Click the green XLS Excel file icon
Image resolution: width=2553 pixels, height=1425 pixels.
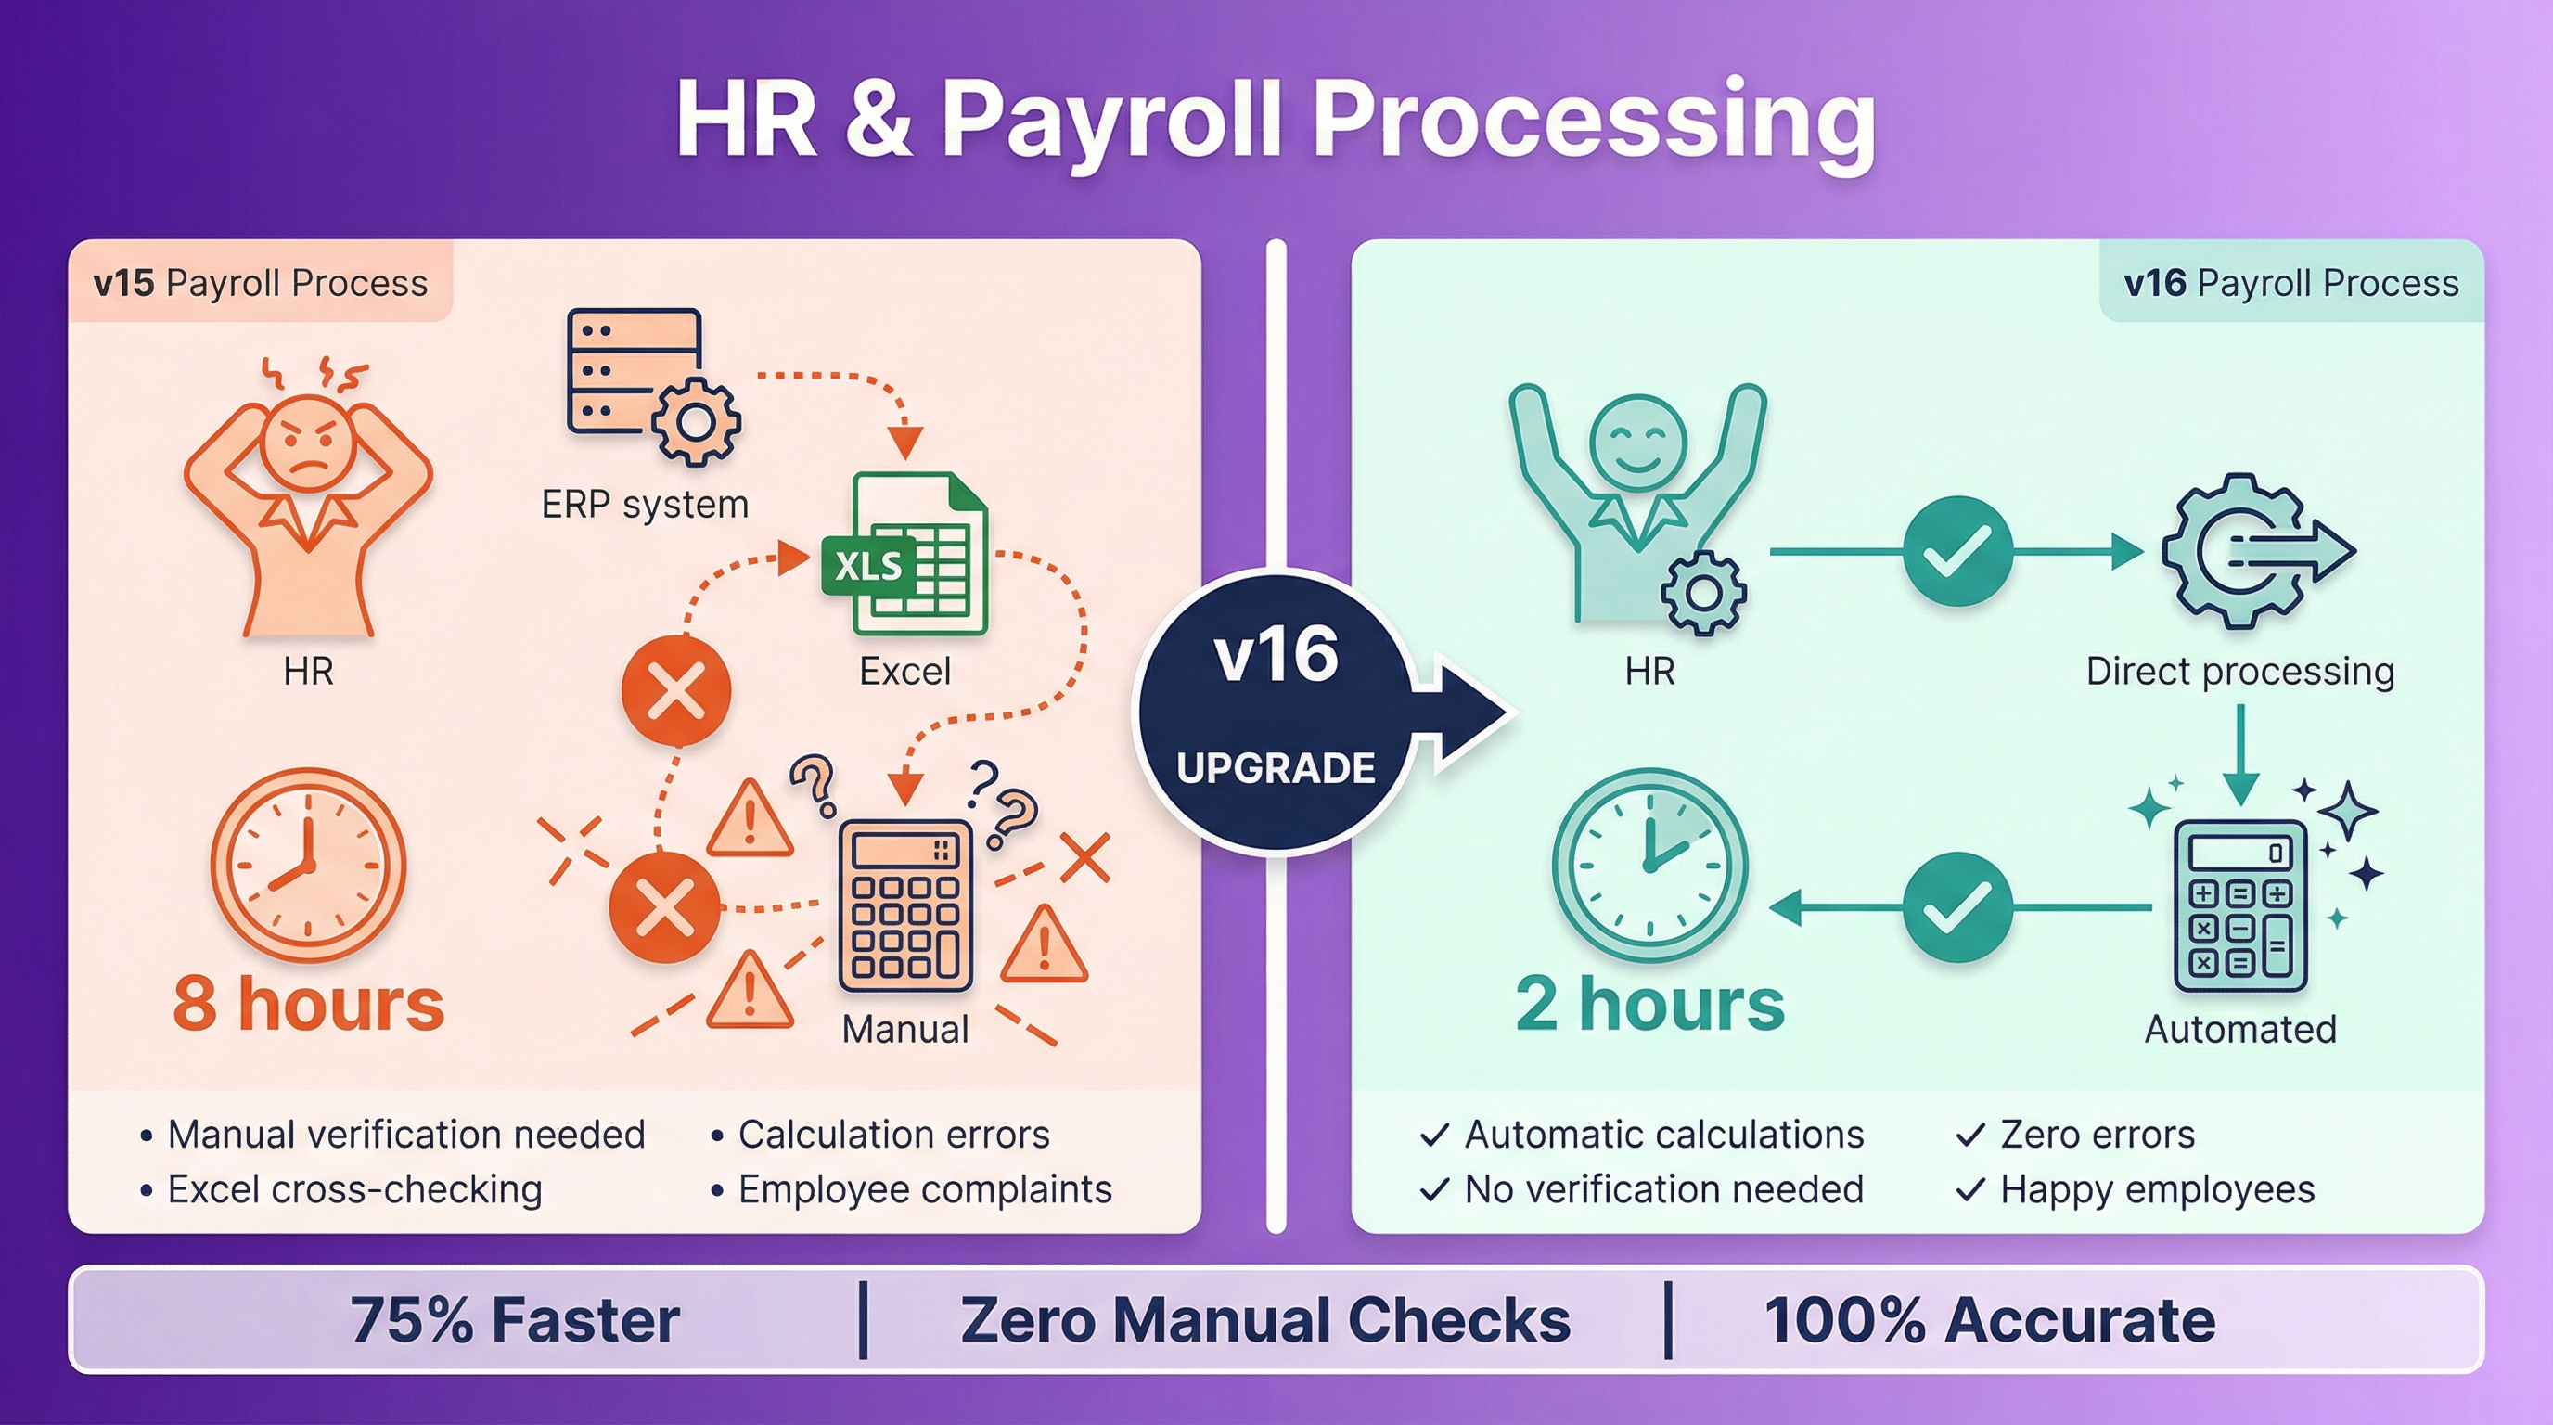[x=904, y=555]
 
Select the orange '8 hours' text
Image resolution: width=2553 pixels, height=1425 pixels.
[x=308, y=1003]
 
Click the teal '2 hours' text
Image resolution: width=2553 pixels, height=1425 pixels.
[x=1649, y=1003]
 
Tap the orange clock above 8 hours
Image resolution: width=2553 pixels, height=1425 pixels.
[x=308, y=864]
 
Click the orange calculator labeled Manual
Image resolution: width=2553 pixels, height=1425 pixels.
[x=904, y=905]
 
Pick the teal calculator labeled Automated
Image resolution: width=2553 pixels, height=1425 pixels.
[x=2239, y=905]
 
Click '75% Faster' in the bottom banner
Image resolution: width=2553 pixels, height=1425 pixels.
[x=516, y=1320]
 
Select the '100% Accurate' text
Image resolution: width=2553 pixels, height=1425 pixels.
[x=1989, y=1320]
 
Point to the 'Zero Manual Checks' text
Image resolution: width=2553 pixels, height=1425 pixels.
[x=1264, y=1320]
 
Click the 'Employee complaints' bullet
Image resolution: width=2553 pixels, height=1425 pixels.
[x=925, y=1189]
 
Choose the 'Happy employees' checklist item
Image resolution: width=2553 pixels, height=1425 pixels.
[x=2157, y=1189]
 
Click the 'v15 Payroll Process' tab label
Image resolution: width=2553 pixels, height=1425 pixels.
[x=260, y=283]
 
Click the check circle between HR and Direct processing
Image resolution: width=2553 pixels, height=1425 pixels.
[x=1956, y=551]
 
